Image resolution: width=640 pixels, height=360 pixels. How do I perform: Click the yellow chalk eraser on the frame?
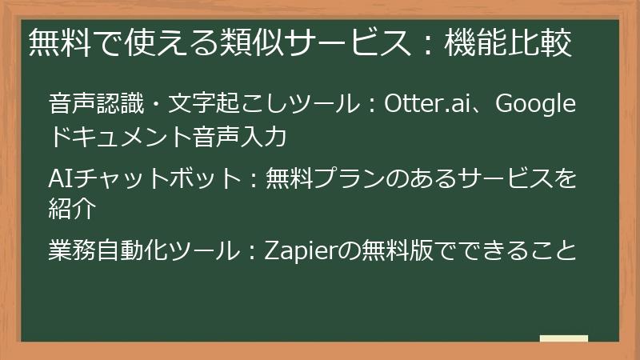(565, 338)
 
